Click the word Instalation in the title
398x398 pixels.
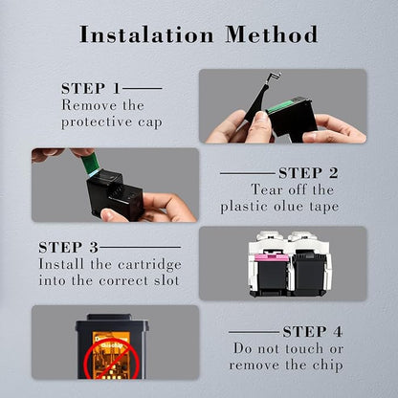[x=146, y=34]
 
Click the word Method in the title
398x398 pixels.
[x=272, y=34]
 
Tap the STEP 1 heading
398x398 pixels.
[x=91, y=89]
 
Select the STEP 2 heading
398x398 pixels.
[x=308, y=173]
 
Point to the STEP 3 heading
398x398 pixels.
[x=69, y=248]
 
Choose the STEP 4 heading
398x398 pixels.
[x=313, y=332]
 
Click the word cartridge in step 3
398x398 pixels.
[x=149, y=265]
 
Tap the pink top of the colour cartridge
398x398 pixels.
[x=271, y=257]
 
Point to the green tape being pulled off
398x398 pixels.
[x=90, y=163]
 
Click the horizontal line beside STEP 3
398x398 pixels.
[x=140, y=247]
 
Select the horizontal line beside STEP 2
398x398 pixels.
[x=248, y=174]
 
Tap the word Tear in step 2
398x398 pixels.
[x=267, y=190]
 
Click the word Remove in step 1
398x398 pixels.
[x=85, y=105]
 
